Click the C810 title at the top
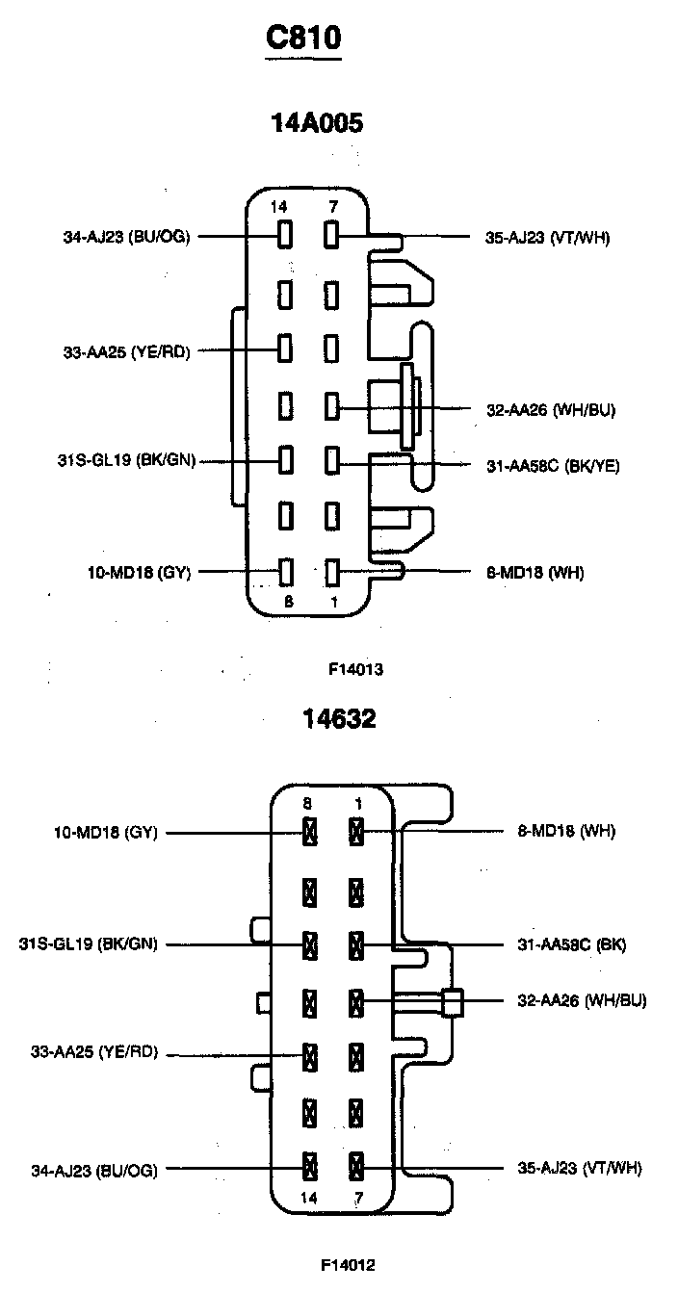coord(303,39)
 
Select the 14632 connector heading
coord(338,718)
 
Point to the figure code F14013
coord(356,667)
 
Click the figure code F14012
coord(349,1264)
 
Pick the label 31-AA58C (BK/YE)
coord(553,466)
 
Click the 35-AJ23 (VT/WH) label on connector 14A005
coord(547,238)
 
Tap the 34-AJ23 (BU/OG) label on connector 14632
coord(93,1170)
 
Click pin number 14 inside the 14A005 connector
coord(279,207)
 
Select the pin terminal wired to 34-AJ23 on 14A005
coord(285,236)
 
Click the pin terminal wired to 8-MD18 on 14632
coord(356,831)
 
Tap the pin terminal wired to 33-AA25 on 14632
coord(310,1056)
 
